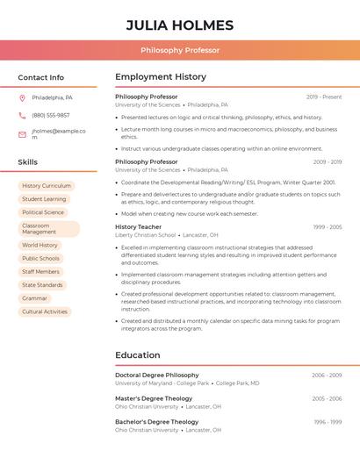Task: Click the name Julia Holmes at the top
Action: coord(179,25)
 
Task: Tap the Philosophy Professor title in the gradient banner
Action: coord(180,51)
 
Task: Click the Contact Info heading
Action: coord(40,77)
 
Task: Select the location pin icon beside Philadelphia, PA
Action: coord(22,97)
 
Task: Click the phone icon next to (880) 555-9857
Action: coord(22,115)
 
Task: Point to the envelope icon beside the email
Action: coord(22,134)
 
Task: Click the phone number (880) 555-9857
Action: coord(50,115)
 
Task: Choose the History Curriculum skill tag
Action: coord(47,186)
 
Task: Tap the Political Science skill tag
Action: coord(43,212)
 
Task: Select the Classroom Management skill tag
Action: coord(48,229)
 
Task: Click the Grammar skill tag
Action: coord(34,298)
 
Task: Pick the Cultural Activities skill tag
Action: coord(45,311)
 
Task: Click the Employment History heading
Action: coord(161,77)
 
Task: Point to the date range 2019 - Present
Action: coord(324,97)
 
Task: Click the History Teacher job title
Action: coord(138,227)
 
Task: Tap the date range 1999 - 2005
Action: coord(327,227)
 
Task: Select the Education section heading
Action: coord(137,355)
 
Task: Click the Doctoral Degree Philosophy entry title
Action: coord(156,375)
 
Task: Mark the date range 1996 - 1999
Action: coord(327,422)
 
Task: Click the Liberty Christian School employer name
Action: coord(145,235)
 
